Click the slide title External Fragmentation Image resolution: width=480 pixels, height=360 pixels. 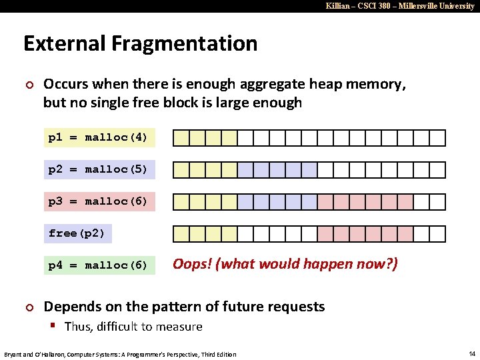click(140, 44)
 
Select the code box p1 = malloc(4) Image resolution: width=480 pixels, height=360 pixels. click(98, 137)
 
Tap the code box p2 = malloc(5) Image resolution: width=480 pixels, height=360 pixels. click(98, 169)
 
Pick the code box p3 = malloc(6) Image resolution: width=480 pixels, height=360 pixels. click(98, 201)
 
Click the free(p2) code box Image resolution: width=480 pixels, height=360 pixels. click(77, 233)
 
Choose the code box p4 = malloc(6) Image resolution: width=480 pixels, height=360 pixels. click(98, 265)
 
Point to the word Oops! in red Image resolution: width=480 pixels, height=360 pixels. click(193, 264)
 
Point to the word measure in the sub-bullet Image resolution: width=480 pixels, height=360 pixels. click(179, 327)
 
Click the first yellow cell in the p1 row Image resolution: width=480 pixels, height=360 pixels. click(181, 138)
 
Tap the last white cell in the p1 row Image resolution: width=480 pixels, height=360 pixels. click(437, 138)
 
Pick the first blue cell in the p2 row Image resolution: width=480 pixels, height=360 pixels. click(246, 170)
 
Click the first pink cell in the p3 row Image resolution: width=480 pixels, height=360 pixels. click(325, 202)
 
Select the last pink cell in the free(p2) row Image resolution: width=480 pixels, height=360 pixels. click(405, 234)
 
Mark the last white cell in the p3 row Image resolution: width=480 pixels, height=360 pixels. click(437, 202)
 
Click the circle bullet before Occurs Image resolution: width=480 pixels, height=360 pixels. click(28, 85)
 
